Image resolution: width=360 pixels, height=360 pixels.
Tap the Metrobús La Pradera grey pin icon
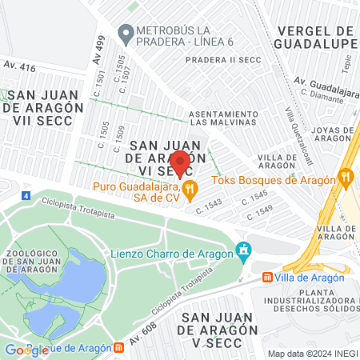pos(125,34)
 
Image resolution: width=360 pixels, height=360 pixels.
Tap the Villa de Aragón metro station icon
pos(268,278)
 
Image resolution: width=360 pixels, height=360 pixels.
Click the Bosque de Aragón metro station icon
pos(118,348)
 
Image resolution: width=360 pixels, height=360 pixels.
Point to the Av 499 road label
pos(100,50)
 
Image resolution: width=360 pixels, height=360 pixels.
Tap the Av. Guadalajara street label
pos(324,82)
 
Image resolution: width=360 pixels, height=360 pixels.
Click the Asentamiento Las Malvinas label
pos(223,118)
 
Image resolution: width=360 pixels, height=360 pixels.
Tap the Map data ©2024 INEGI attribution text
pos(311,354)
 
